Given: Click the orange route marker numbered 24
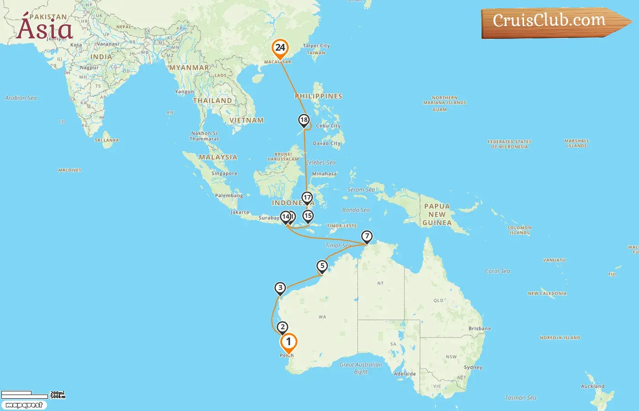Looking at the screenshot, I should [280, 48].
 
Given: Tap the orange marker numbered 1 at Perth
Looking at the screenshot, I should [288, 342].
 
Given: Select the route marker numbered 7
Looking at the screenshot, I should [367, 237].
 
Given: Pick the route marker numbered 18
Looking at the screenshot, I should [304, 120].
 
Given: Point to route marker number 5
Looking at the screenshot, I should [322, 266].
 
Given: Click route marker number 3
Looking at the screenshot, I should [280, 288].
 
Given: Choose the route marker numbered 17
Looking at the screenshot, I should [307, 198].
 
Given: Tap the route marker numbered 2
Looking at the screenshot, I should [283, 327].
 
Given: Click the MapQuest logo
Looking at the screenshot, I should [24, 405].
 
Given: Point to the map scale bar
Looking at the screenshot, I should [25, 395].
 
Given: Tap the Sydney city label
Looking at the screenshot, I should [473, 367].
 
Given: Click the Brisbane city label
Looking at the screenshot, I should [480, 328].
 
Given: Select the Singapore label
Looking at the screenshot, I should [224, 174].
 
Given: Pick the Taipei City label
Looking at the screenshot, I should [316, 46].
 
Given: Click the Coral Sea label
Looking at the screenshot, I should [498, 271].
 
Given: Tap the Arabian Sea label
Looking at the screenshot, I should [21, 98].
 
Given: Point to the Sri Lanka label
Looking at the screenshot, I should [107, 140].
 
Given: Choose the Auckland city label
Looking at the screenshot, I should [592, 386].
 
